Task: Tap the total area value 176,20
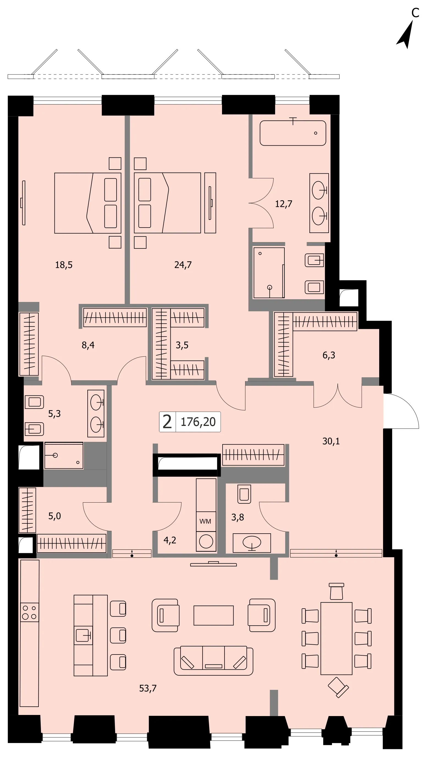(x=198, y=422)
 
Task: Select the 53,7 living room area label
(x=148, y=688)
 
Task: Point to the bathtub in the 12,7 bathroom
(x=293, y=133)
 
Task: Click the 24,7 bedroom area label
(x=183, y=265)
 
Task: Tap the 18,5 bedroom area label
(x=64, y=265)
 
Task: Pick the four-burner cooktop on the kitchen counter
(x=30, y=612)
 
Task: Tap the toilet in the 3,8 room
(x=244, y=494)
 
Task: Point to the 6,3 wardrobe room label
(x=329, y=355)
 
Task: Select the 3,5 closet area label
(x=182, y=345)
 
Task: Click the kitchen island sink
(x=84, y=635)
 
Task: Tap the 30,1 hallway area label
(x=331, y=441)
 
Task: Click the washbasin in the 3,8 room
(x=252, y=543)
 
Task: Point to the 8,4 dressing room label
(x=88, y=345)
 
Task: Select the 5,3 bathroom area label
(x=54, y=414)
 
